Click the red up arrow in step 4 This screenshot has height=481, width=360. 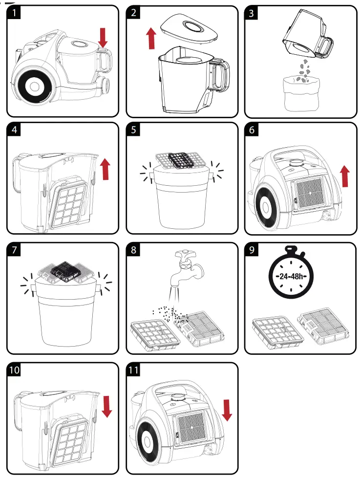[105, 169]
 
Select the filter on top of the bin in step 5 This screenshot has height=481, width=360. [178, 159]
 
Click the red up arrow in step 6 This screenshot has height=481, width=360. [345, 176]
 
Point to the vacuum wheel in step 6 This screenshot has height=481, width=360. [266, 208]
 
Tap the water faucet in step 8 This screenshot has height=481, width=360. [189, 269]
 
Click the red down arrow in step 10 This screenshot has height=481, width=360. [107, 406]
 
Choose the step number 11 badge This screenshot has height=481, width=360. [135, 370]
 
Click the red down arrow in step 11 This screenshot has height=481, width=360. [227, 410]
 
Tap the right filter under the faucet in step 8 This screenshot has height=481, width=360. [206, 327]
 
